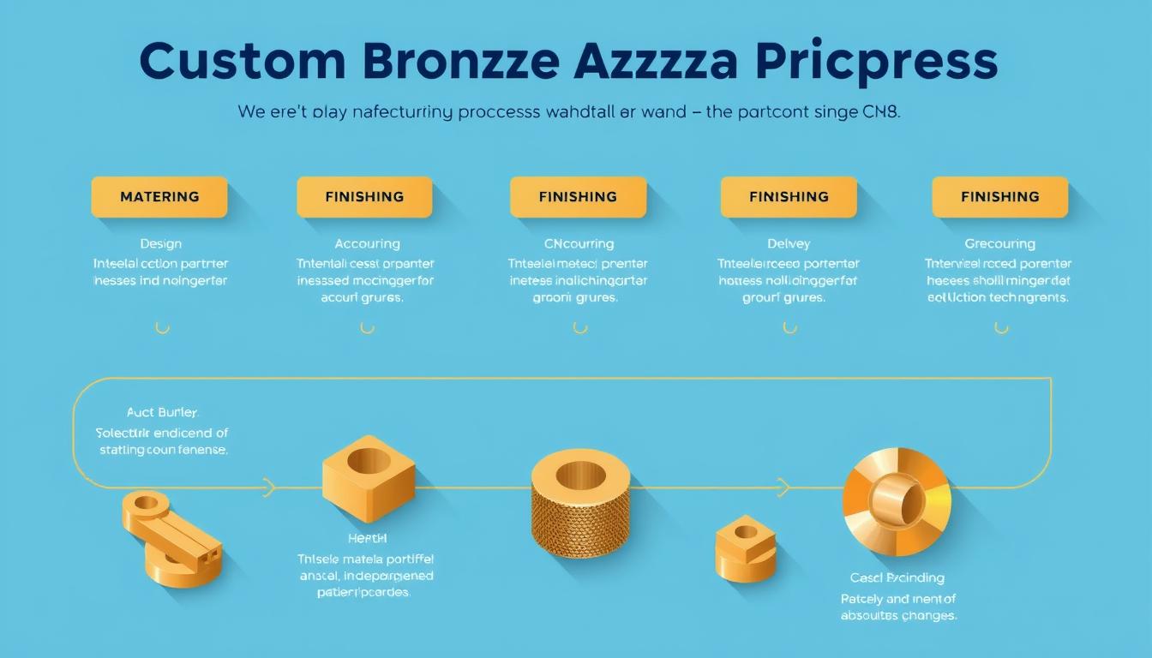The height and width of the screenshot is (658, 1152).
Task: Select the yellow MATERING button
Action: [159, 197]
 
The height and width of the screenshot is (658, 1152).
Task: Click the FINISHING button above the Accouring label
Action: [364, 197]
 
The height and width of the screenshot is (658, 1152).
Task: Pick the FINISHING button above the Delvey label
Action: [789, 197]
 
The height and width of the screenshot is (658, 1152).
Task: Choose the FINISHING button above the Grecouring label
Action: [1000, 197]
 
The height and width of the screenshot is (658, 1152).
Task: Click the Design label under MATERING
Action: [160, 244]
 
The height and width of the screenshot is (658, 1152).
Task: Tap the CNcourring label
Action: [579, 244]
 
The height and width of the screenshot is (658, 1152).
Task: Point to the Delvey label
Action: [789, 244]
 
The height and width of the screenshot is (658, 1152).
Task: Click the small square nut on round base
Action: [746, 548]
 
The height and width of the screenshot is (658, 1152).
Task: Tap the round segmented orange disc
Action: [897, 501]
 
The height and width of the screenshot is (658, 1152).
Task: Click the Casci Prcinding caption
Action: [897, 577]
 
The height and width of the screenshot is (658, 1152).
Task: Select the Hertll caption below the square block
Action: [367, 538]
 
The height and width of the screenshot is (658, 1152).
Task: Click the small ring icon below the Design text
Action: [161, 327]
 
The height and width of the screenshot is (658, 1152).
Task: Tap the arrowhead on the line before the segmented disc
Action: [783, 488]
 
